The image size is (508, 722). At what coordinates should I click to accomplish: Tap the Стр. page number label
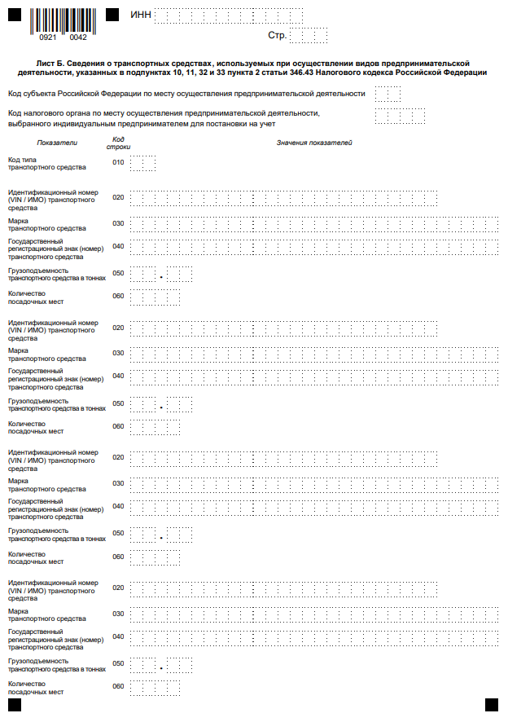pyautogui.click(x=277, y=36)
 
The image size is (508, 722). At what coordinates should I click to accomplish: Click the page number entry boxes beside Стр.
pyautogui.click(x=309, y=36)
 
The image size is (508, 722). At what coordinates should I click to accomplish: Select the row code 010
pyautogui.click(x=118, y=163)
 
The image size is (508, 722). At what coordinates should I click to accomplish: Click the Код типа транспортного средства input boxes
pyautogui.click(x=142, y=163)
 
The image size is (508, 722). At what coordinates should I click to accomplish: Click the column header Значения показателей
pyautogui.click(x=313, y=143)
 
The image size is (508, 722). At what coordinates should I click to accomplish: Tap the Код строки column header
pyautogui.click(x=118, y=143)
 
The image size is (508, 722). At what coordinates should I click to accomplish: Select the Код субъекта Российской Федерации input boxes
pyautogui.click(x=388, y=94)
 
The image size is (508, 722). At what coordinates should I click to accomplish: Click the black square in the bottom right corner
pyautogui.click(x=491, y=705)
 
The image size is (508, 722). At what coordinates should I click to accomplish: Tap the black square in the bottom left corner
pyautogui.click(x=14, y=705)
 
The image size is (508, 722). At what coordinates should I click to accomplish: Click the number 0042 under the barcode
pyautogui.click(x=78, y=37)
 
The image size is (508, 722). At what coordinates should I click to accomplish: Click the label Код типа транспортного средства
pyautogui.click(x=46, y=163)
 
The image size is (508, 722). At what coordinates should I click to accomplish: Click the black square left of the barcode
pyautogui.click(x=14, y=15)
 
